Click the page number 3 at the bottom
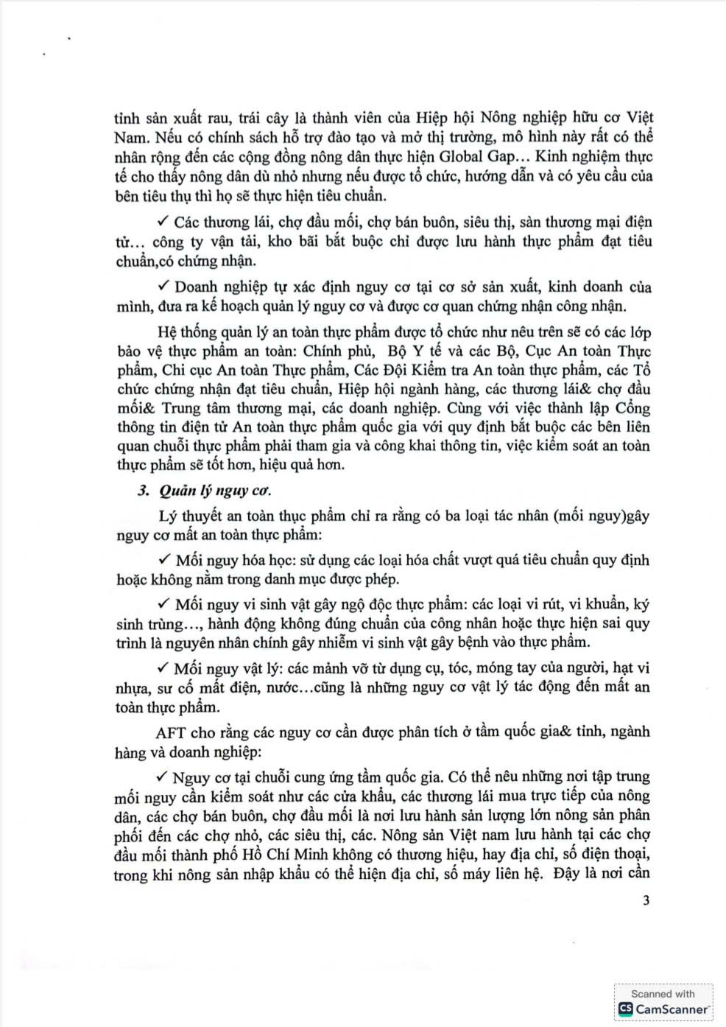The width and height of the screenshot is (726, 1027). click(646, 900)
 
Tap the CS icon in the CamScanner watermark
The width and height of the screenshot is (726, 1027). click(626, 1009)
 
